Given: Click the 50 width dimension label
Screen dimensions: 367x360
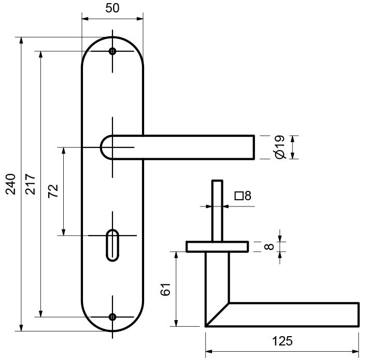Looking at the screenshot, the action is pos(112,8).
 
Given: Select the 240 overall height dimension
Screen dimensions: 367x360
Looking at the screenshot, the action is pos(11,184).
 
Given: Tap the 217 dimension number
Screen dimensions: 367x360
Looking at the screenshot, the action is pos(31,184).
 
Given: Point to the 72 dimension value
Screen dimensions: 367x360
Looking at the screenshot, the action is pos(53,191).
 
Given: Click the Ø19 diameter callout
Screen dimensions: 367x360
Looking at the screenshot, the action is pos(280,147).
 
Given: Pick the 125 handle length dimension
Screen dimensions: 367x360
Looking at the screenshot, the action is pos(283,341).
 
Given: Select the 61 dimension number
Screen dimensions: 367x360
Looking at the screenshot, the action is pos(165,289).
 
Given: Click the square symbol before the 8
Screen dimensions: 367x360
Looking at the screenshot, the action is pos(239,196).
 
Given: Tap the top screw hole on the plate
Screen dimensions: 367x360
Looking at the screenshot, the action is pos(112,51).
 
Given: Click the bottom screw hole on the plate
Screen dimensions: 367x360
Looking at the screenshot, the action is pos(112,317).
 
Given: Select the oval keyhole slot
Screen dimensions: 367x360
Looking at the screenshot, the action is pos(112,245).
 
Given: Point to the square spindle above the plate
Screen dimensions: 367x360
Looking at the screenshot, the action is pos(217,211).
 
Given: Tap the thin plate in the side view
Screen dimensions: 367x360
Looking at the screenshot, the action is pos(217,246).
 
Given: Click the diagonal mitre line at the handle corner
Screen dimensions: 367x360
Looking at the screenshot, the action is pos(217,314).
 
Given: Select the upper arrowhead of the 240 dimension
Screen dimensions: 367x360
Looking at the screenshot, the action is pos(21,40).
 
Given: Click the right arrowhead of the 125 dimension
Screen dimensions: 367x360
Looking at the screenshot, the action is pos(355,352).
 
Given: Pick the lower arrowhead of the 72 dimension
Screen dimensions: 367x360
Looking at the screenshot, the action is pos(64,232).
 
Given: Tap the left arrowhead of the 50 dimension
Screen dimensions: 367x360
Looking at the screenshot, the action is pos(86,19).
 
